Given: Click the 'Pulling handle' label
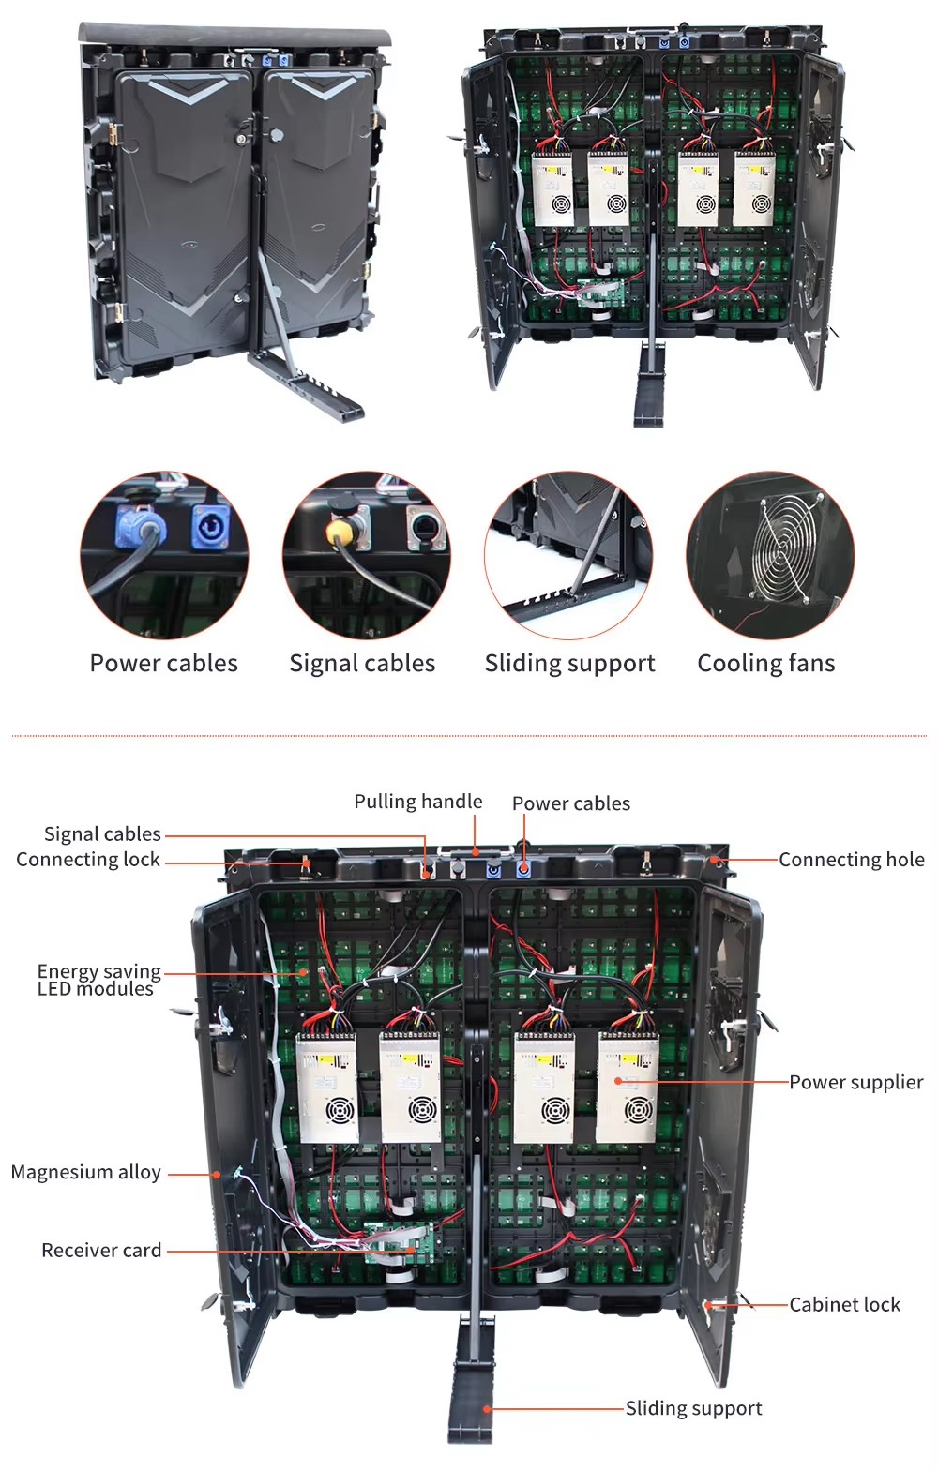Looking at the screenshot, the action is click(x=418, y=802).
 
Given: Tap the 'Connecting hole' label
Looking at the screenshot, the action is click(x=852, y=860).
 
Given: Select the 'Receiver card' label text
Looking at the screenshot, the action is click(x=101, y=1250).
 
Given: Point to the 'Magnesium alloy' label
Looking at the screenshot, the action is click(x=86, y=1172).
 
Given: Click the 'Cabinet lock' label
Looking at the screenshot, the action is click(x=844, y=1304).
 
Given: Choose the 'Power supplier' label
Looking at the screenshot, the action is click(x=856, y=1082).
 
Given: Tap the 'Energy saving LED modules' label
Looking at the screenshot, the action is click(x=98, y=980).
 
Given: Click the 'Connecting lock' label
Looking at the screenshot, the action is click(x=88, y=860).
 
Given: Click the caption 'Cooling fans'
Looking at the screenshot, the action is click(x=766, y=663).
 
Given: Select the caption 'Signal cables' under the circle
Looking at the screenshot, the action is click(x=362, y=663).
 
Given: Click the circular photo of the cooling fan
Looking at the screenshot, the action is click(x=770, y=556).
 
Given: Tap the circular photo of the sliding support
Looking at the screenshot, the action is click(x=568, y=556).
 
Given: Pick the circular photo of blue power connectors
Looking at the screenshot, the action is click(x=164, y=556).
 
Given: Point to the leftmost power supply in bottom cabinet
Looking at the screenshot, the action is click(x=327, y=1088).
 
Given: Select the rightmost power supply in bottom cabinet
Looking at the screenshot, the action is click(x=628, y=1088).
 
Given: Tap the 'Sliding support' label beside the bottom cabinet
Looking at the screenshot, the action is click(x=693, y=1408).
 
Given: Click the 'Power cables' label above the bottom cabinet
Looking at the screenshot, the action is click(x=571, y=803).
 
